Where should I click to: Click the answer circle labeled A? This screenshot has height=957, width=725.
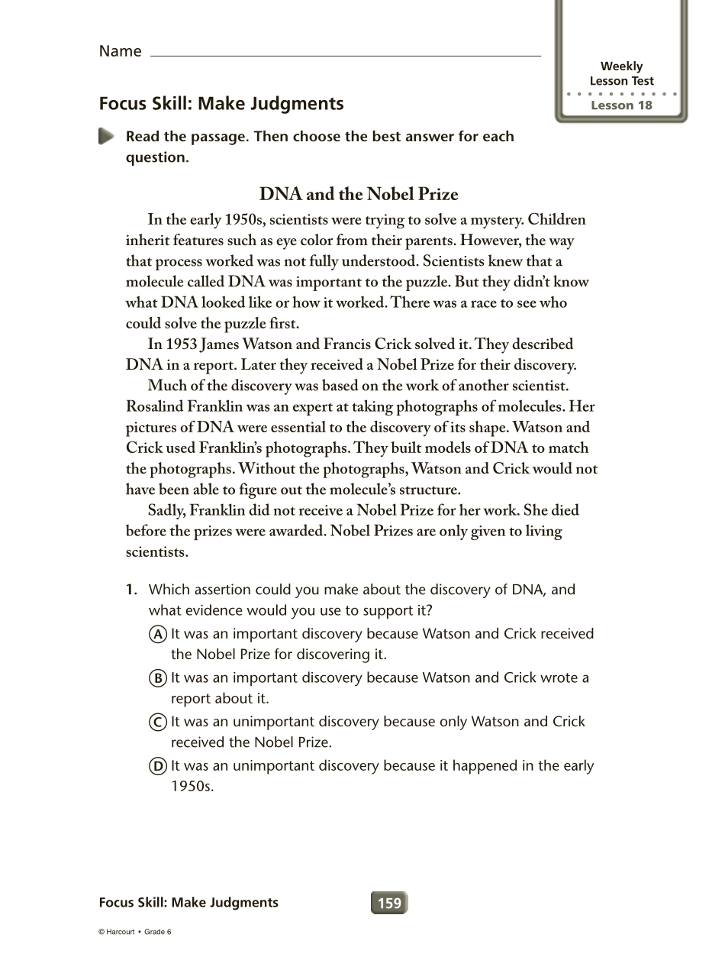click(158, 634)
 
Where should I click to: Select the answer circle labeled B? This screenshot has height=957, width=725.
click(158, 678)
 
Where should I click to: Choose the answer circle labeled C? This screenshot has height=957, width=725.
click(158, 722)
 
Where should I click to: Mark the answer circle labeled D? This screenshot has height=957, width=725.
click(158, 766)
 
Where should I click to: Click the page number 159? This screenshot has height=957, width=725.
click(389, 903)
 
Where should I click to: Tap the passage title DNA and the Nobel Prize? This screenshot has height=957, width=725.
click(359, 194)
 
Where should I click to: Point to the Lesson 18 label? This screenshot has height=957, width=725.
click(622, 105)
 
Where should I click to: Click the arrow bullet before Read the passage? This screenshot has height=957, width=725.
click(106, 137)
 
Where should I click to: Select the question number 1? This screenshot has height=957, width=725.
click(131, 590)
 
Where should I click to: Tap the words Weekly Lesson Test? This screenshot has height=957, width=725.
click(621, 73)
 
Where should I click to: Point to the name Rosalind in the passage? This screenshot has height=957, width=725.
click(157, 406)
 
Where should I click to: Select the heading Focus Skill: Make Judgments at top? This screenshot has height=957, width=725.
click(221, 104)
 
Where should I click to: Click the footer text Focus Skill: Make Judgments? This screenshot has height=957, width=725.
click(188, 903)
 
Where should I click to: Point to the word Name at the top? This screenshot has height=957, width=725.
click(120, 51)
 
